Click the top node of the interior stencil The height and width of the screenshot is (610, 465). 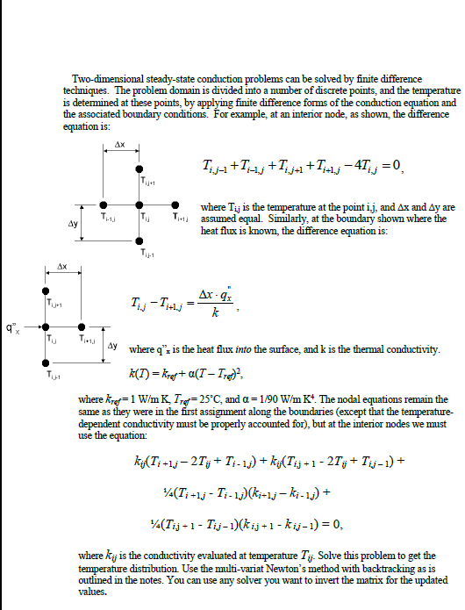(x=139, y=169)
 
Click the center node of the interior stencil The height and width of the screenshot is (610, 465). (x=139, y=208)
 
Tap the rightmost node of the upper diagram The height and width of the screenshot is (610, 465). (x=176, y=208)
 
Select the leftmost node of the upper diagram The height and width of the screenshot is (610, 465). (x=102, y=208)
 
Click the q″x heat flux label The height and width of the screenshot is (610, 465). (x=11, y=328)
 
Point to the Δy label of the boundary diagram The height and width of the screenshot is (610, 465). (x=112, y=345)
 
